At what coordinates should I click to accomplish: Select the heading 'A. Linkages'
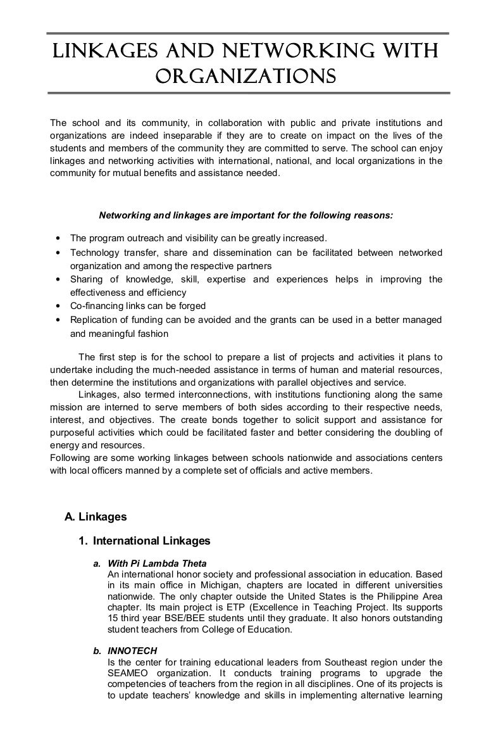click(96, 517)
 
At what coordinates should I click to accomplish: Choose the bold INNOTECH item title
click(132, 650)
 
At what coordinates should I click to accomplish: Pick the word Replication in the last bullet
click(94, 320)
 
